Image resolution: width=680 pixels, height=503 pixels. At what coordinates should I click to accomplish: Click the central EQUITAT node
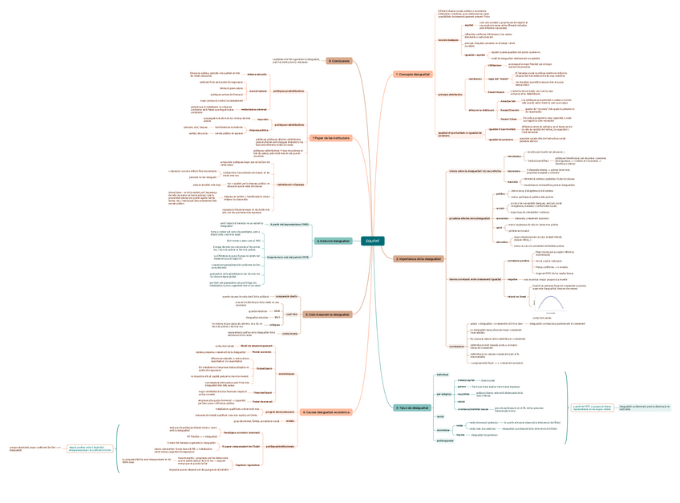(372, 241)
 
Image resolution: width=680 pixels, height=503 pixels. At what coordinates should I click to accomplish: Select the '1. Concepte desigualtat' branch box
(413, 75)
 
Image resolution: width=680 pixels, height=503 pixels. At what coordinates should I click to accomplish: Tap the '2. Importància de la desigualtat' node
(419, 259)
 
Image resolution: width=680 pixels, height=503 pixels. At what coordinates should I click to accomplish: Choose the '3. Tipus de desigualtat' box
(413, 408)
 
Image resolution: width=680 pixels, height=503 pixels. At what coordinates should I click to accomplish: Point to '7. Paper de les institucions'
(330, 138)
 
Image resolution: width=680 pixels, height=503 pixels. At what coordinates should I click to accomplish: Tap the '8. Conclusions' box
(338, 60)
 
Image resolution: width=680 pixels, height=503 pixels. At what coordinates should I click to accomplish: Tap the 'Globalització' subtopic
(264, 367)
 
